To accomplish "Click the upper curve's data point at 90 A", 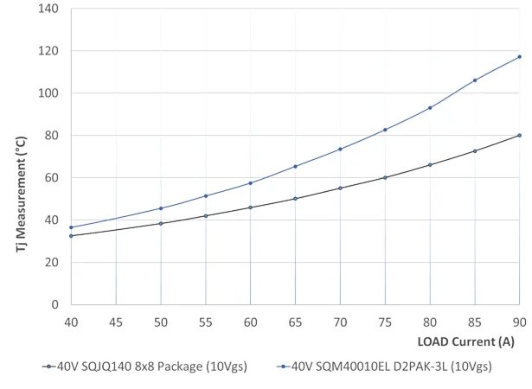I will click(x=519, y=57).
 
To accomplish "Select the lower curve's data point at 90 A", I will click(x=519, y=135).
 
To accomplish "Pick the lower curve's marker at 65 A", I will click(x=295, y=199).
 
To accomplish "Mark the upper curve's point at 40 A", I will click(x=71, y=227).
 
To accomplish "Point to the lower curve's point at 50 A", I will click(x=161, y=224).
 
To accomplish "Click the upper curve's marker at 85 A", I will click(x=475, y=80).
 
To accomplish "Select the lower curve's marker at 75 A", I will click(x=385, y=177).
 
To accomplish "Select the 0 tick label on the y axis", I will click(x=54, y=304).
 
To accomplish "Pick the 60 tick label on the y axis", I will click(x=51, y=177).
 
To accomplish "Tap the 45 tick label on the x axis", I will click(x=116, y=322).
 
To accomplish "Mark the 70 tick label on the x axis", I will click(x=340, y=322).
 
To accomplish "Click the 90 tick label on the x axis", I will click(x=519, y=322).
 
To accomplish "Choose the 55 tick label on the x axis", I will click(x=206, y=322).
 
